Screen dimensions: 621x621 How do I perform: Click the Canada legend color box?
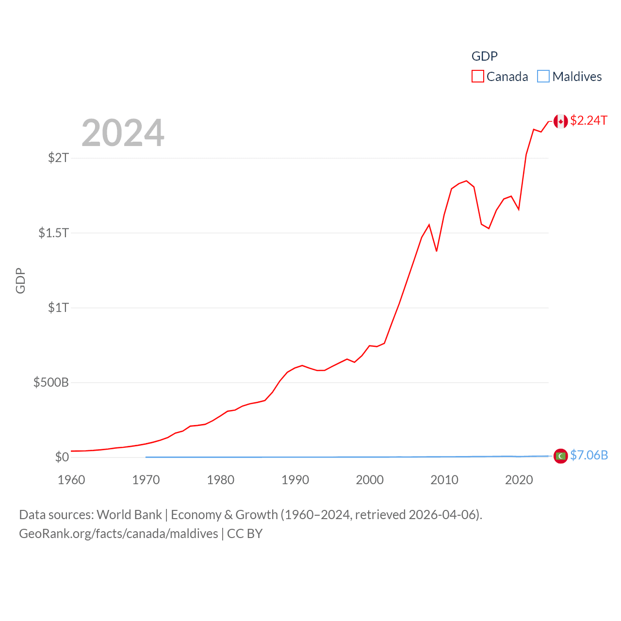478,77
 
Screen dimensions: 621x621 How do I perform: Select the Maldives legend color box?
543,77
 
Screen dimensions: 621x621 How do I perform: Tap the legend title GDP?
484,56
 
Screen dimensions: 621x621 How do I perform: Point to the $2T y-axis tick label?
58,158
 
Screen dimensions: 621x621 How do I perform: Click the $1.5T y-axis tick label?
54,233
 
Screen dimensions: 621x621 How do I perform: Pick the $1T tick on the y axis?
58,308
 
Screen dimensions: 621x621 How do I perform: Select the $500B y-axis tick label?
51,382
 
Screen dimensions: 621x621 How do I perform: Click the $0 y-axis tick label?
62,457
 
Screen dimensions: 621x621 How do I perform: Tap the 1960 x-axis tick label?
71,480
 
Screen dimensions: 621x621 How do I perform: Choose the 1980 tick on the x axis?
221,480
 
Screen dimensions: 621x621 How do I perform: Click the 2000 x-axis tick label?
370,480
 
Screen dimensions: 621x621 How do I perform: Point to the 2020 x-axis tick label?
519,480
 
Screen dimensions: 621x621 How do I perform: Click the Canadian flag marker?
561,121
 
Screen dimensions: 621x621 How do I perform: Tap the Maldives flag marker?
561,456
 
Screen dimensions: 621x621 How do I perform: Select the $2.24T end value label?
588,120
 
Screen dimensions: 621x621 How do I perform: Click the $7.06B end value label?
589,455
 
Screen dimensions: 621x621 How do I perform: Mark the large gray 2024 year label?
123,133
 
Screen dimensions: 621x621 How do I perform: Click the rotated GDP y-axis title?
20,280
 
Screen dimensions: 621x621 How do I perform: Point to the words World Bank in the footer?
129,515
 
